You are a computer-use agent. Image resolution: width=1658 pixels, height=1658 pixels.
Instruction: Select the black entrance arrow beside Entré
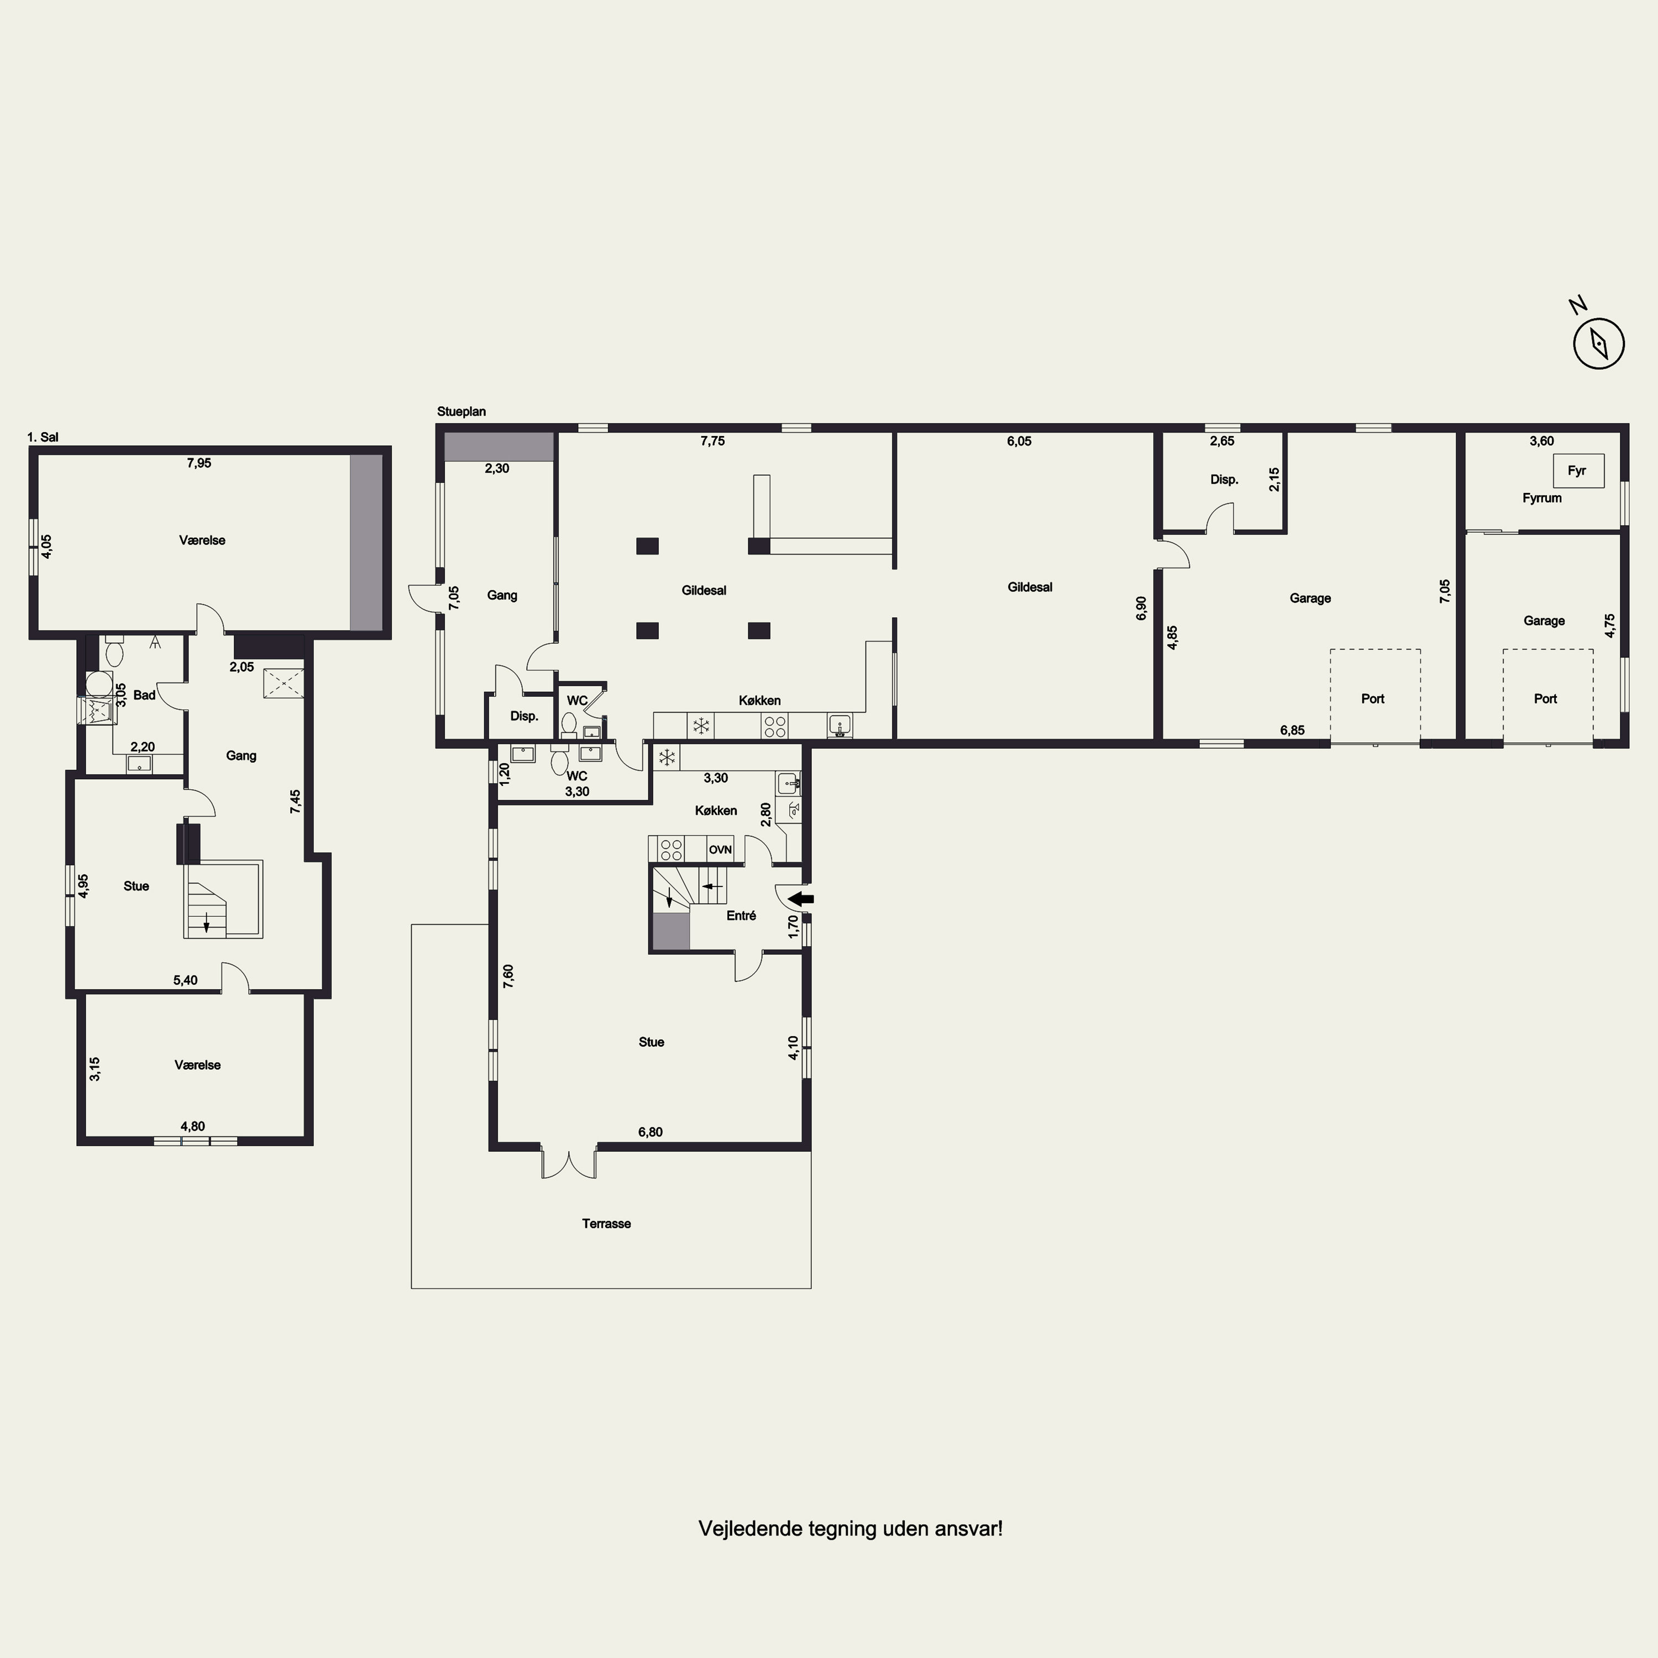tap(801, 899)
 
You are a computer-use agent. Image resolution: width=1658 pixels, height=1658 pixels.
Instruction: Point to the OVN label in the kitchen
tap(720, 849)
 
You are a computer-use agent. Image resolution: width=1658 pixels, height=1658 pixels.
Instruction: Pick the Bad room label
tap(144, 695)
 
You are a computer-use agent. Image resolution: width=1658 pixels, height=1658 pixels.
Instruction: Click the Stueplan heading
tap(461, 412)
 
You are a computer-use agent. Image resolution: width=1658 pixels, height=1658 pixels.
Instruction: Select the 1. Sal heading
tap(43, 438)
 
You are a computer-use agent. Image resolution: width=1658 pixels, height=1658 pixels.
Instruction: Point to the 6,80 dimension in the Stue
tap(650, 1132)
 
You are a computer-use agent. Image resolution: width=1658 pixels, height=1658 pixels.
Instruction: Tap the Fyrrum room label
tap(1542, 498)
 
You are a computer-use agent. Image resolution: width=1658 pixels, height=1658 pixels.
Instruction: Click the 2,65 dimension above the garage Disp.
tap(1222, 441)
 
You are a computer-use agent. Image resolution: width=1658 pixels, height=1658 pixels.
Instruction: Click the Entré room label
tap(742, 916)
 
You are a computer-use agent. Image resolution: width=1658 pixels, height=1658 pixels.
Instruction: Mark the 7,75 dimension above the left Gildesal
tap(712, 441)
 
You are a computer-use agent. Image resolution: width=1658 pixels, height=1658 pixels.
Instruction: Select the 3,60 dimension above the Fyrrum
tap(1541, 441)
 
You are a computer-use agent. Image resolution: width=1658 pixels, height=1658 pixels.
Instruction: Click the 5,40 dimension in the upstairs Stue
tap(185, 980)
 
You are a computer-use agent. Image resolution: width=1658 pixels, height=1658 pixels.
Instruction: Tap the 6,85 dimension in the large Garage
tap(1293, 730)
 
